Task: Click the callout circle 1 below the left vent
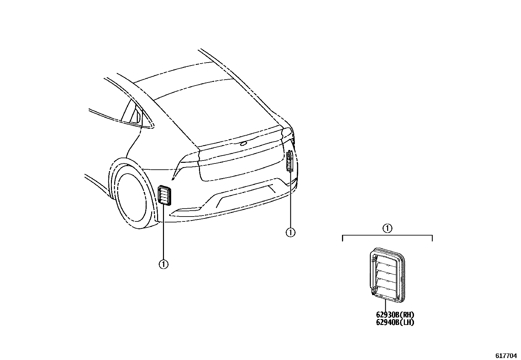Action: pos(163,264)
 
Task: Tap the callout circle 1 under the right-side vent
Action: pos(290,232)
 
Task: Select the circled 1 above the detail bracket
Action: pos(387,228)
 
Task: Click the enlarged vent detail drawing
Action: pos(387,275)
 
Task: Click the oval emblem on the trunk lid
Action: pos(244,143)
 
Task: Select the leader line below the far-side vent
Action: pos(291,200)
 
